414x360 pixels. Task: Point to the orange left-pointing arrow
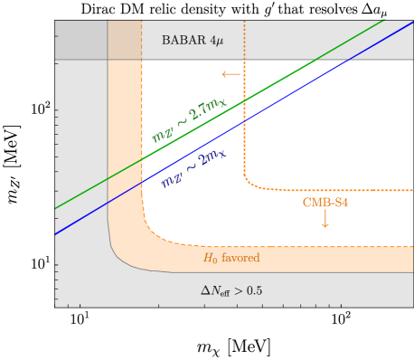pyautogui.click(x=231, y=74)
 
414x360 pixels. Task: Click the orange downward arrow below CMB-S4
pyautogui.click(x=325, y=218)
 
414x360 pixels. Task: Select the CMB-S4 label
pyautogui.click(x=325, y=203)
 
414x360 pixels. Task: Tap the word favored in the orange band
pyautogui.click(x=240, y=258)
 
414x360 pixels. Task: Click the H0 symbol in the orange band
pyautogui.click(x=211, y=259)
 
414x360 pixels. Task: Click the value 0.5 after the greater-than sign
pyautogui.click(x=254, y=290)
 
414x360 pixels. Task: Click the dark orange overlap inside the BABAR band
pyautogui.click(x=125, y=40)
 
